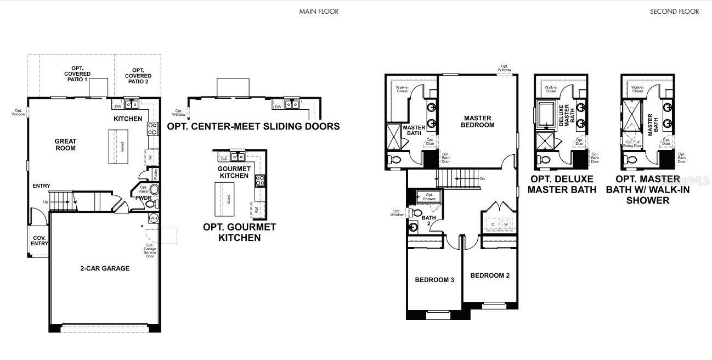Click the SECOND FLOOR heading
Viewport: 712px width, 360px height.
pyautogui.click(x=674, y=11)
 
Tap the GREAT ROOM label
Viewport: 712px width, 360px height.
pyautogui.click(x=65, y=145)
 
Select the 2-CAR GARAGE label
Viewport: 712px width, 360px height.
pyautogui.click(x=105, y=268)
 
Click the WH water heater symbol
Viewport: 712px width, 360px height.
pyautogui.click(x=154, y=218)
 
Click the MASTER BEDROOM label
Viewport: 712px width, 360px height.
pyautogui.click(x=479, y=121)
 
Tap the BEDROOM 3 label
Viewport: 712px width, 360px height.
pyautogui.click(x=434, y=280)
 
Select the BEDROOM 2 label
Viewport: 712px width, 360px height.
pyautogui.click(x=490, y=275)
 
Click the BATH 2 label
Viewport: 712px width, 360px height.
pyautogui.click(x=428, y=221)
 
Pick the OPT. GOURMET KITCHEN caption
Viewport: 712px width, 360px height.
pyautogui.click(x=239, y=232)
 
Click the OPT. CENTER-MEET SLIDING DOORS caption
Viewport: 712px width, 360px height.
pyautogui.click(x=253, y=126)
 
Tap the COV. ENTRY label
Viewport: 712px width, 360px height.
pyautogui.click(x=39, y=241)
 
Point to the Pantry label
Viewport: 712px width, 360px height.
pyautogui.click(x=156, y=175)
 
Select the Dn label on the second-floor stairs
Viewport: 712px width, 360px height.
pyautogui.click(x=482, y=179)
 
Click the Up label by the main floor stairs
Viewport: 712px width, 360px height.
pyautogui.click(x=45, y=202)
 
